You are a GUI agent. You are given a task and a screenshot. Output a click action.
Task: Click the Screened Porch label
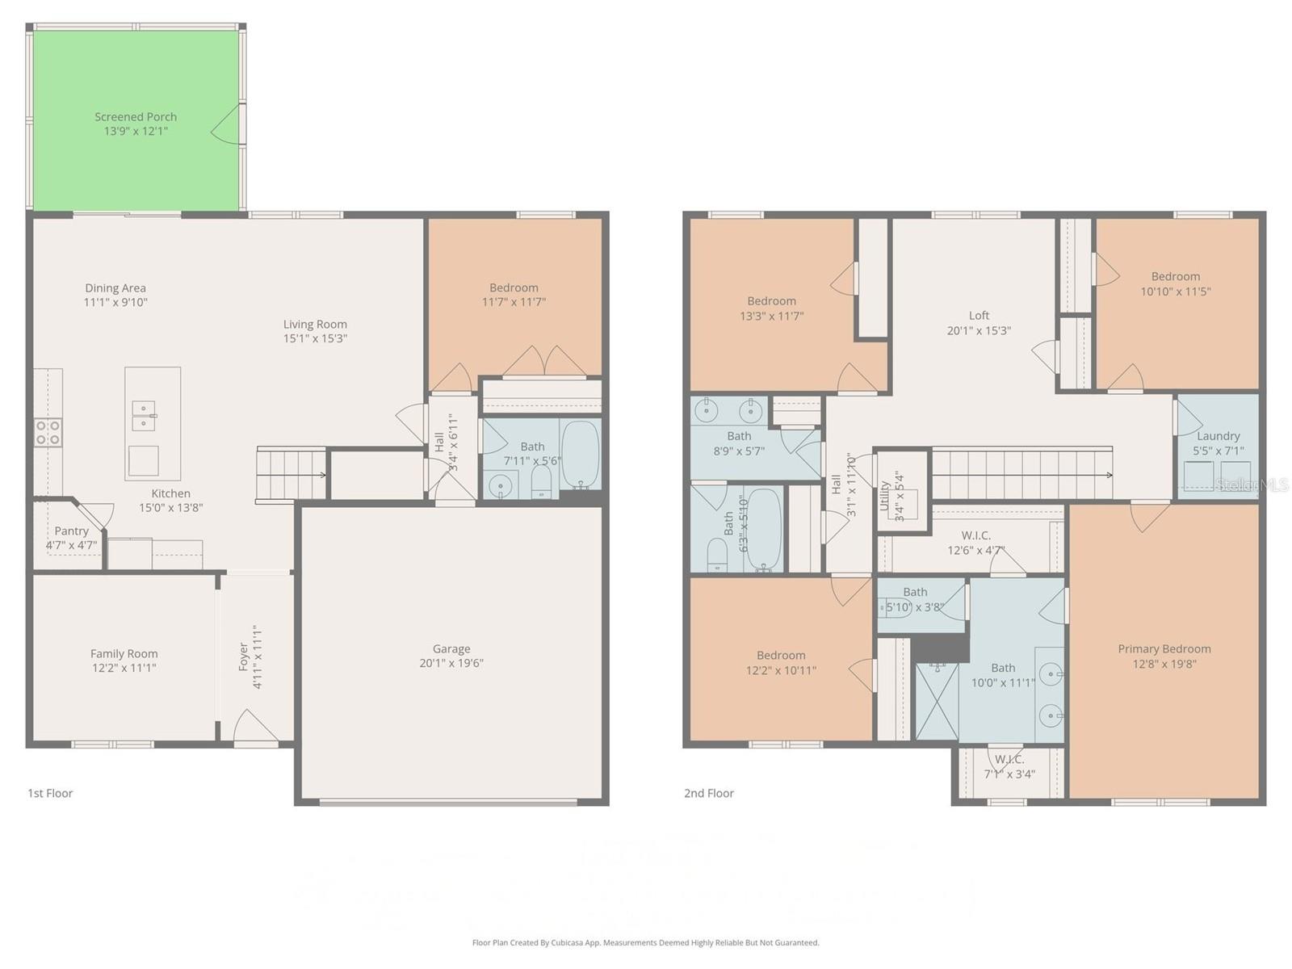click(x=136, y=117)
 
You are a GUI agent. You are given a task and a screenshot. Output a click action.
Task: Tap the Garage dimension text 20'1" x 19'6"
click(x=451, y=663)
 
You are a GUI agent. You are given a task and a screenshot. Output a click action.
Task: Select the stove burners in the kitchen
click(x=48, y=432)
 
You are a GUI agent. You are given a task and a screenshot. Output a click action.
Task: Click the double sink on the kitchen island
click(x=144, y=415)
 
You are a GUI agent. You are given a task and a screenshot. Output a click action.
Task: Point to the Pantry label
click(x=71, y=531)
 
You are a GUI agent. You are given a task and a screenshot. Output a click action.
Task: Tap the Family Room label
click(x=124, y=653)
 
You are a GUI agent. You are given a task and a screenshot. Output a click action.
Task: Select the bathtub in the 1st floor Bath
click(x=580, y=454)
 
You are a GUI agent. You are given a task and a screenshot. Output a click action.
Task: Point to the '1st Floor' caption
click(x=50, y=793)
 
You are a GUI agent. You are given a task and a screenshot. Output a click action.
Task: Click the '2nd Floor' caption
click(x=708, y=793)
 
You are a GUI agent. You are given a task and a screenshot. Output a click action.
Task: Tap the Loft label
click(x=979, y=316)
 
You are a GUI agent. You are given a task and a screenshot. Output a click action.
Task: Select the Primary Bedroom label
click(x=1164, y=648)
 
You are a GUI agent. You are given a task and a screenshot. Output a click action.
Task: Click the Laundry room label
click(x=1218, y=436)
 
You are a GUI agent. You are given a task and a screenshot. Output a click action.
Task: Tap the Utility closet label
click(x=886, y=494)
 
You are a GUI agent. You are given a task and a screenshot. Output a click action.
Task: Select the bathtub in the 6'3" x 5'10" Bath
click(x=764, y=530)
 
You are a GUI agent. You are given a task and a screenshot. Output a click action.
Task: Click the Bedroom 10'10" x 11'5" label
click(x=1175, y=276)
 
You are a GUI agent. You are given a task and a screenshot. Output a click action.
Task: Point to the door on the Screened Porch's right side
click(x=228, y=124)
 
